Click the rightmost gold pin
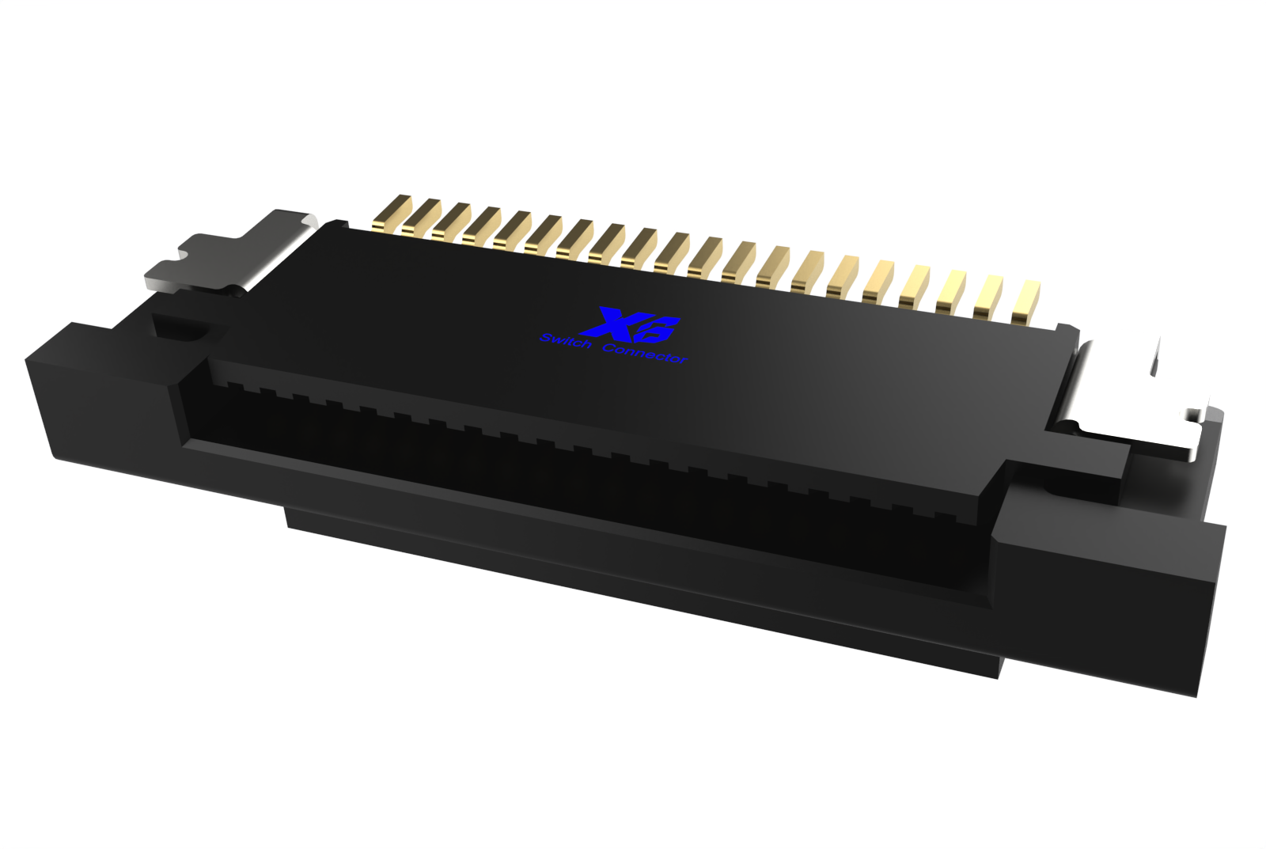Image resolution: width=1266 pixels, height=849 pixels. [x=1025, y=301]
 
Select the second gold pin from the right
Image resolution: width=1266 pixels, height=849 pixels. [x=988, y=298]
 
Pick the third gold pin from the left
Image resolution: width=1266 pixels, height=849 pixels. [x=451, y=221]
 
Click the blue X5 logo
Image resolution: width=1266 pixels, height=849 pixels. [x=628, y=325]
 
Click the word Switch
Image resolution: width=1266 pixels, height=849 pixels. [x=565, y=341]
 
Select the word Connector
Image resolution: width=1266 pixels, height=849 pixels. [x=645, y=353]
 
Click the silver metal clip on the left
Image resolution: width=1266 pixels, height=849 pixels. [x=229, y=253]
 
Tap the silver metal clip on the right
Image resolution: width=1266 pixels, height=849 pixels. [x=1131, y=396]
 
